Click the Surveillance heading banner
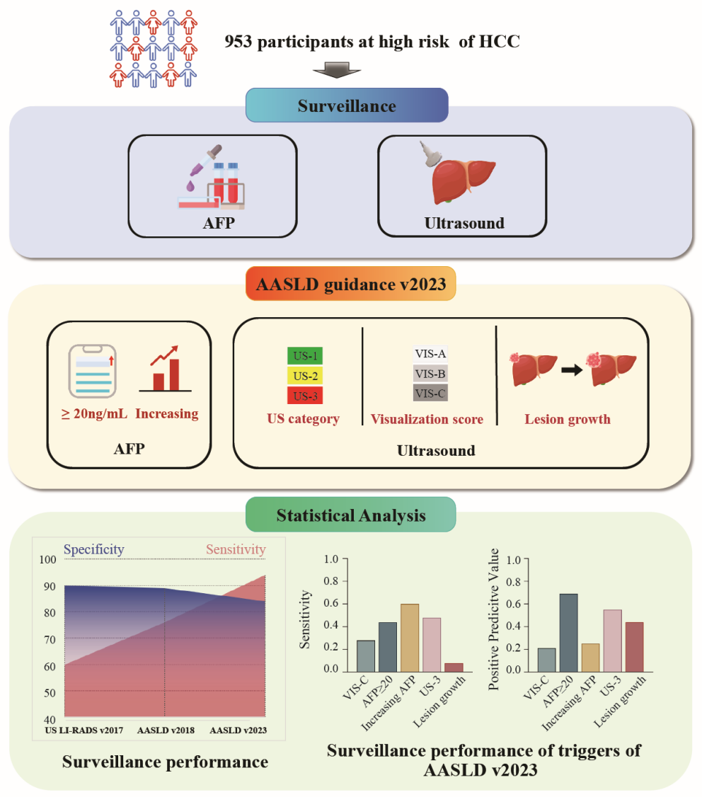(346, 107)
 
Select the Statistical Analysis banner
(350, 515)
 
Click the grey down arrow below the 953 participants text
(337, 69)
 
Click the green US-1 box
(306, 356)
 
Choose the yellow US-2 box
(306, 374)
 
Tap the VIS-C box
(431, 392)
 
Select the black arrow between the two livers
(568, 370)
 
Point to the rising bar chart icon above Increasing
(168, 369)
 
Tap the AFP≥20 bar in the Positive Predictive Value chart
(568, 633)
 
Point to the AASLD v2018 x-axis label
(164, 729)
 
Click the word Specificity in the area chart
(94, 549)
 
